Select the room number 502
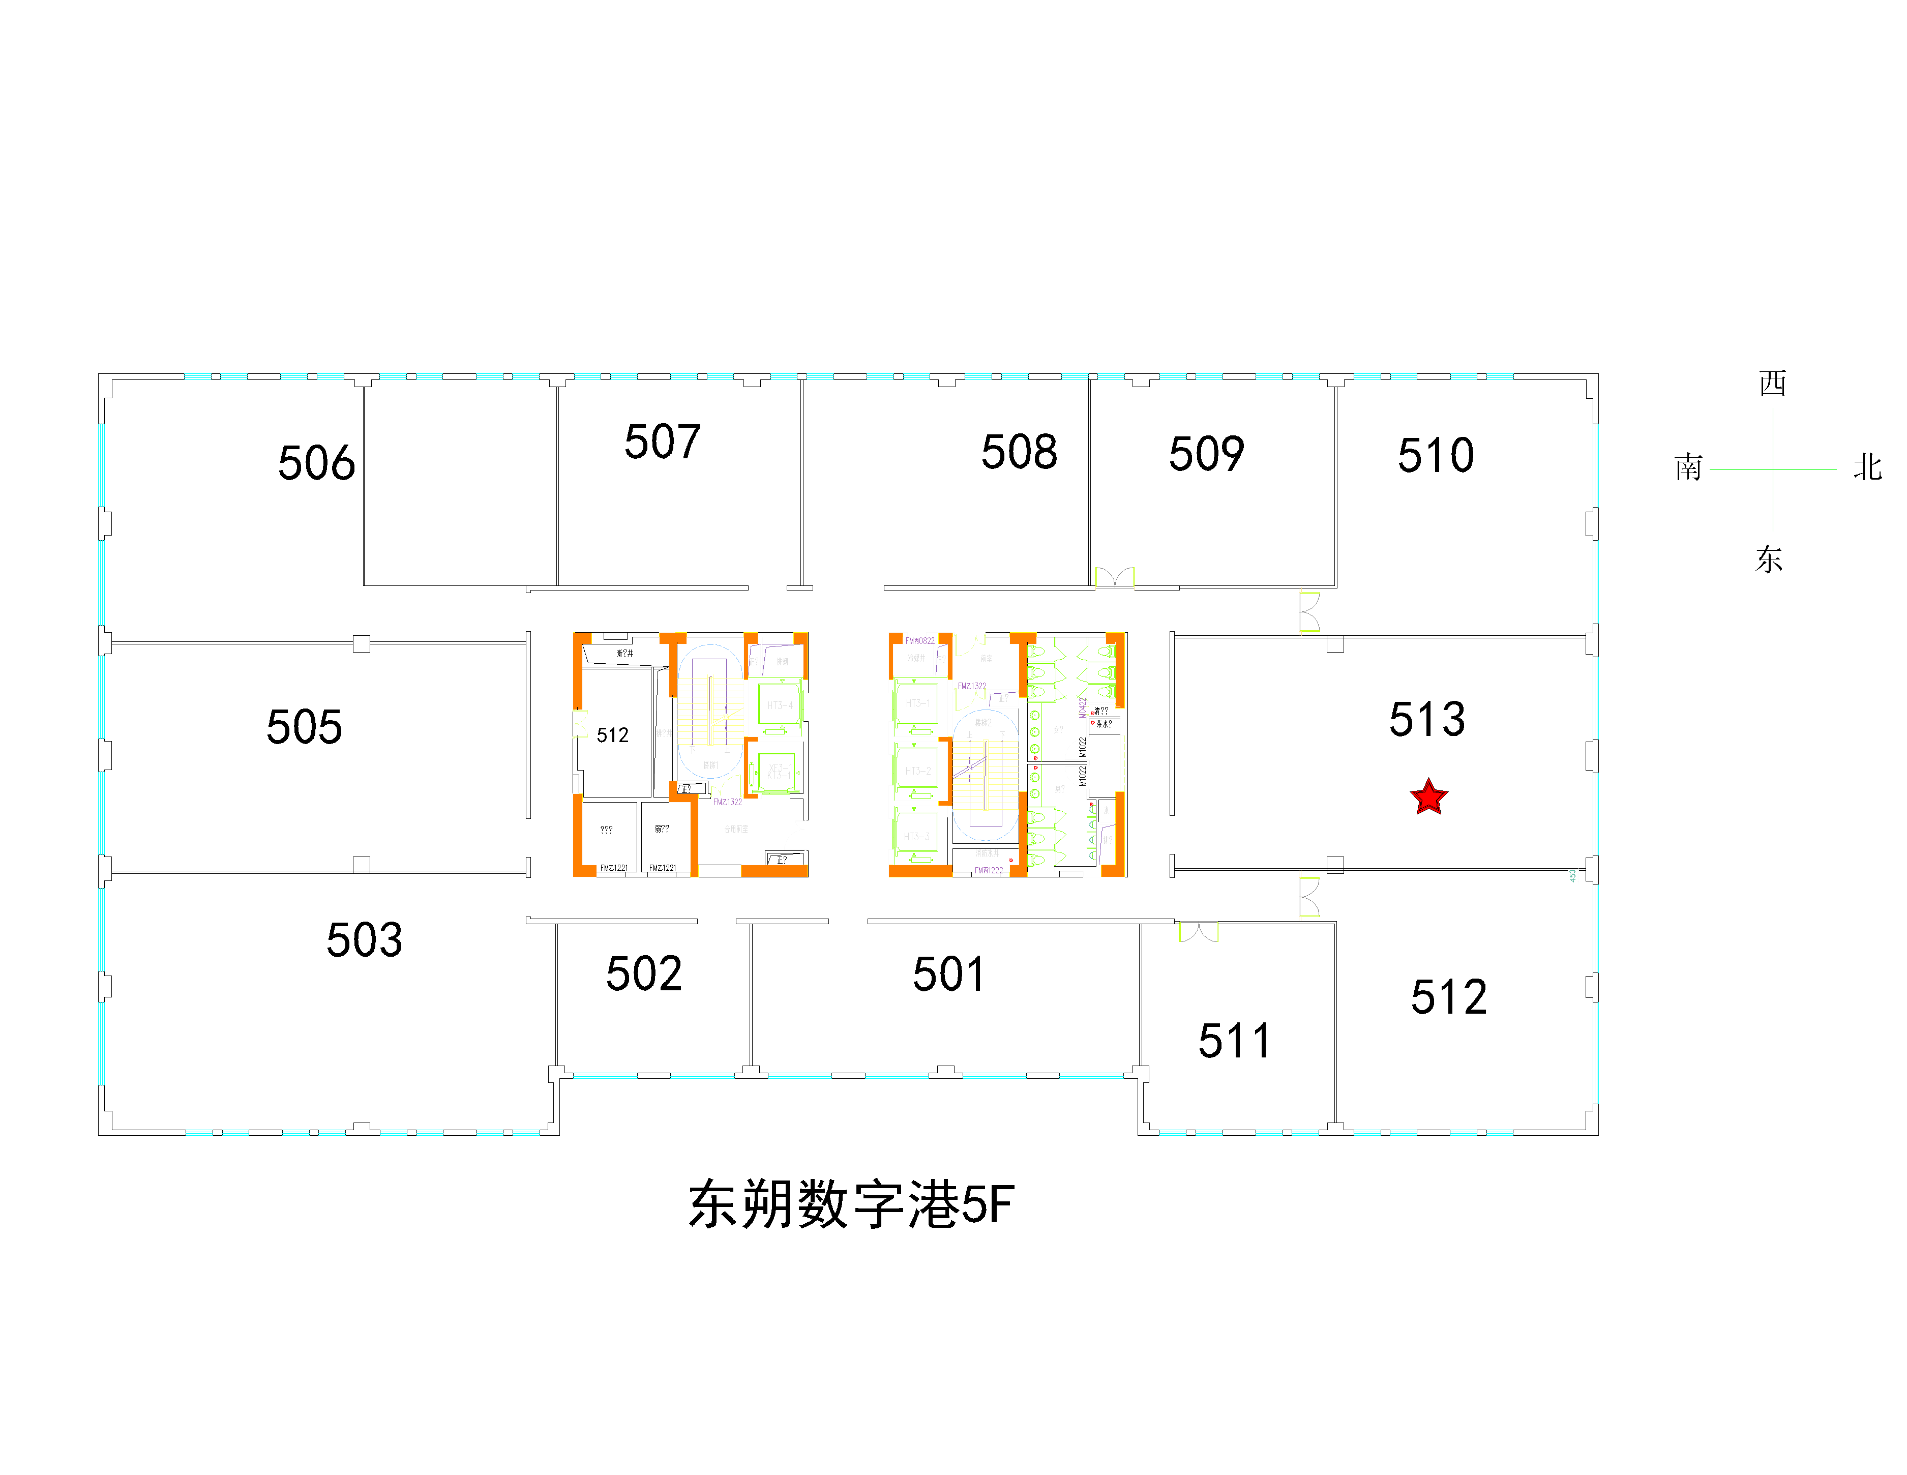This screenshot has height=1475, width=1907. click(x=643, y=973)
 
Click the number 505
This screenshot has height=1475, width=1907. click(x=304, y=727)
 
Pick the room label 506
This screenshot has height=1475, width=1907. click(x=316, y=463)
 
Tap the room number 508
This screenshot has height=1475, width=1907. click(x=1019, y=452)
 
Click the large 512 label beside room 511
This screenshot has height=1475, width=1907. click(x=1449, y=996)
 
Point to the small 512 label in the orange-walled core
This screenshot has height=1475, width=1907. click(x=612, y=735)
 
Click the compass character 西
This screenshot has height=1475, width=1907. click(x=1773, y=382)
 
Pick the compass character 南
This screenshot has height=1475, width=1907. click(x=1688, y=467)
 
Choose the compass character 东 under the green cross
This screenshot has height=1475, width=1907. click(x=1769, y=559)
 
